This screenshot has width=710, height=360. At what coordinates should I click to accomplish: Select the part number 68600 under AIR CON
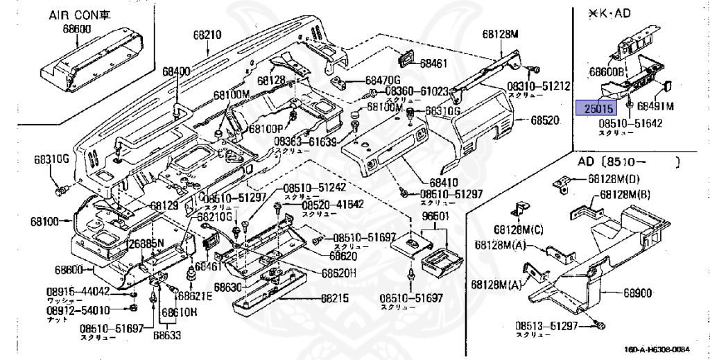[76, 29]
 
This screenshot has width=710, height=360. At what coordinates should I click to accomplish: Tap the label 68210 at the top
[207, 34]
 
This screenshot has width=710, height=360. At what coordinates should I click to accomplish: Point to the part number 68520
[544, 119]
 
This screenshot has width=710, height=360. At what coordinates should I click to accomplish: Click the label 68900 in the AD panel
[637, 293]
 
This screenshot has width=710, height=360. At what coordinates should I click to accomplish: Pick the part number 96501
[435, 216]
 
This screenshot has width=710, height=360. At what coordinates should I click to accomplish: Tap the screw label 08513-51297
[546, 325]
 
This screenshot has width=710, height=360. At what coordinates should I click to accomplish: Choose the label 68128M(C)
[519, 229]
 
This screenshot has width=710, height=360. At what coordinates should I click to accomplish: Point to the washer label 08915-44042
[78, 291]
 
